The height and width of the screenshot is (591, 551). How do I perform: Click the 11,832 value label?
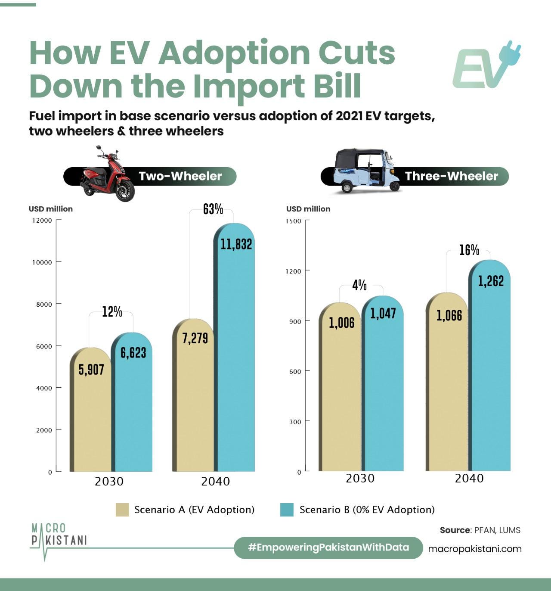(236, 244)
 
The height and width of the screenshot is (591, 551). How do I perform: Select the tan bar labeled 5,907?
(90, 410)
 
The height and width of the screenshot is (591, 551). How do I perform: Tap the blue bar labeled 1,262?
(489, 365)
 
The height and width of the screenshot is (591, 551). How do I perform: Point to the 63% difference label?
(213, 209)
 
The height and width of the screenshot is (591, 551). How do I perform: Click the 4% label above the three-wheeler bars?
(359, 286)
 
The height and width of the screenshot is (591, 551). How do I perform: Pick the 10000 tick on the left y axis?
(42, 262)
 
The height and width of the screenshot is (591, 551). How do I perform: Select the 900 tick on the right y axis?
(295, 321)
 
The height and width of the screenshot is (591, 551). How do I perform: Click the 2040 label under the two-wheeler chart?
(215, 482)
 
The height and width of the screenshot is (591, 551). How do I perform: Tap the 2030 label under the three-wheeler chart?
(360, 479)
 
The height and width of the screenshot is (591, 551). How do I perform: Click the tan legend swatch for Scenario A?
(122, 510)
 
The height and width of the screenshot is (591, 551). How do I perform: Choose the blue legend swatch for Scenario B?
(287, 510)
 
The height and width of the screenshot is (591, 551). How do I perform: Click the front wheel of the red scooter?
(125, 190)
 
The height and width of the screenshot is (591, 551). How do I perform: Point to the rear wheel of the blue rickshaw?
(347, 188)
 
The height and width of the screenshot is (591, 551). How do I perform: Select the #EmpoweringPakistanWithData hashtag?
(328, 547)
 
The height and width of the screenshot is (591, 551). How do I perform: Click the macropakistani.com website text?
(475, 549)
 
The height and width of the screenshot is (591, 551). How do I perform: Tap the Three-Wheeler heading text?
(451, 176)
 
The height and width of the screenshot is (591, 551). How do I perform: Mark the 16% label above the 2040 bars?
(469, 250)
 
